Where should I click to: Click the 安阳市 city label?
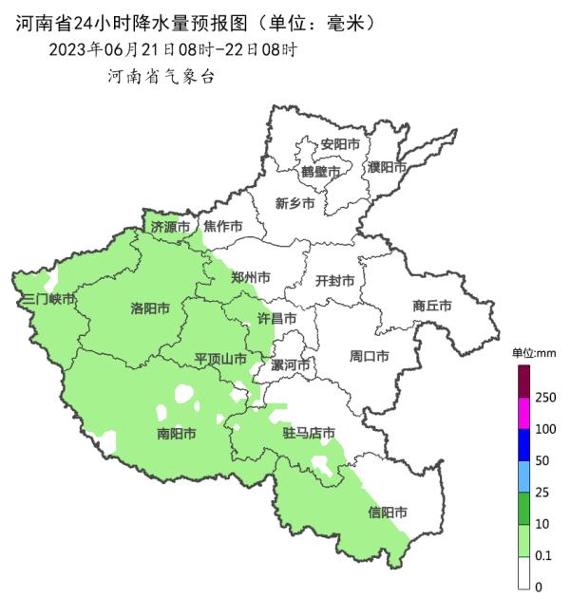340,144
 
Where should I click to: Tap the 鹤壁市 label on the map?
320,172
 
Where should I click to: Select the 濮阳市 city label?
387,167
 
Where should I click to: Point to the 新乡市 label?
294,202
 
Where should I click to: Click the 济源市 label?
171,227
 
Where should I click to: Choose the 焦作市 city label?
223,227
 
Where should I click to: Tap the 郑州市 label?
251,278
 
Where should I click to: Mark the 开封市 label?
334,281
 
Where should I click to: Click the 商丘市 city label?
431,306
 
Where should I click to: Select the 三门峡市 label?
48,299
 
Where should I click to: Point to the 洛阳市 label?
150,308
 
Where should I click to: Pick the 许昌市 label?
277,319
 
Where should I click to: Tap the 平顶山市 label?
220,359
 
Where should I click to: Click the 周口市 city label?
369,357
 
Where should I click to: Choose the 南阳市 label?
177,434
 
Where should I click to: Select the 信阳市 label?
388,513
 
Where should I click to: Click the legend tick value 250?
545,398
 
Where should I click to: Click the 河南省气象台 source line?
161,77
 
